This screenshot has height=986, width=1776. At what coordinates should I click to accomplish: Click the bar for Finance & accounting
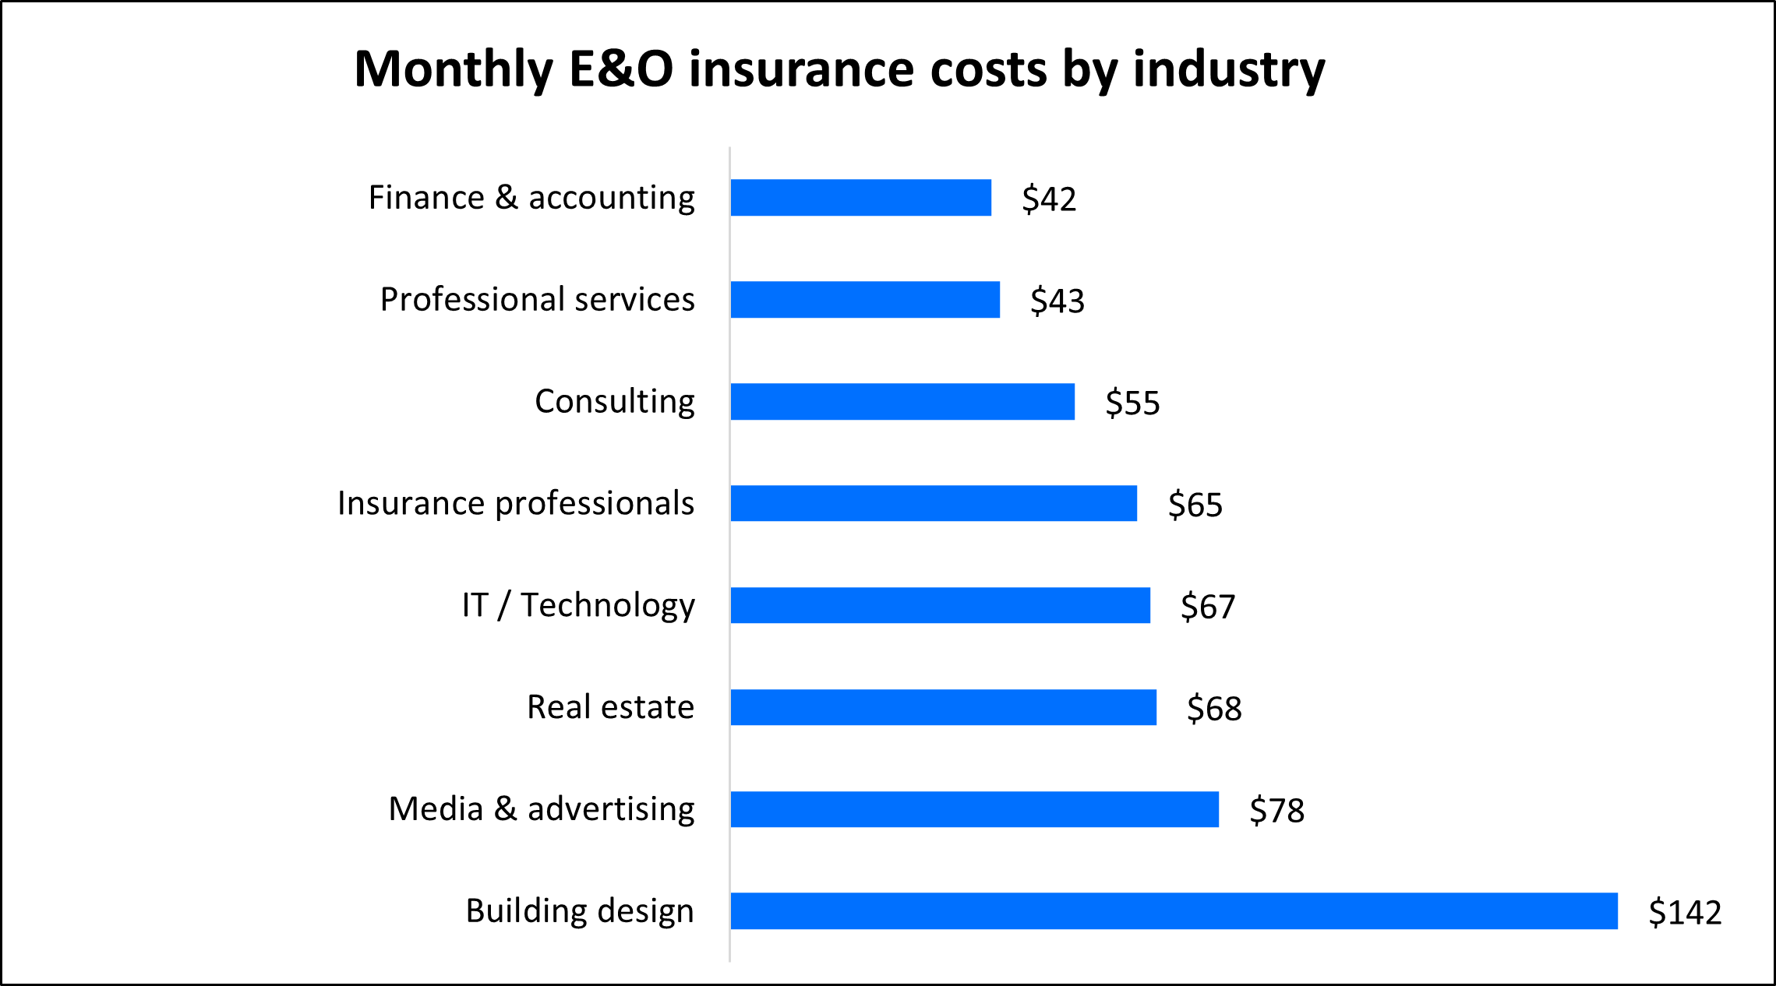(860, 198)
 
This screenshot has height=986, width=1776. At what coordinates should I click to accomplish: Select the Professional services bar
(865, 300)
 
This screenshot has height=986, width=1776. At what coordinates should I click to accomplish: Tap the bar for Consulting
(902, 402)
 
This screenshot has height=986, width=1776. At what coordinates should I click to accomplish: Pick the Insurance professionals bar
(934, 503)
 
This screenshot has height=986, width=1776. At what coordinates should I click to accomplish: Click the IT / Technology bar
(940, 605)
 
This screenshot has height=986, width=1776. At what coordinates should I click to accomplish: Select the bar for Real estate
(943, 707)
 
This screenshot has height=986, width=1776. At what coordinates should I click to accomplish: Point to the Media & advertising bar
(974, 809)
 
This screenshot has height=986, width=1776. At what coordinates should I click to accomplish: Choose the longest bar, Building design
(1174, 911)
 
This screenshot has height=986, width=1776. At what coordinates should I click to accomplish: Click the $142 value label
(1685, 912)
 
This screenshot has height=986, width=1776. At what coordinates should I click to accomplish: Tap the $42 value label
(1049, 199)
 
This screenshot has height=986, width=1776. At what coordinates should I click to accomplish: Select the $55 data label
(1132, 403)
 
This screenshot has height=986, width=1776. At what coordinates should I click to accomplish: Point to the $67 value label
(1208, 607)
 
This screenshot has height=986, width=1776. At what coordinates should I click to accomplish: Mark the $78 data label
(1276, 811)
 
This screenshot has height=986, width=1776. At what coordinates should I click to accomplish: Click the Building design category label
(579, 911)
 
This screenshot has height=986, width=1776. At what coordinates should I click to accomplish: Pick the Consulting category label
(614, 402)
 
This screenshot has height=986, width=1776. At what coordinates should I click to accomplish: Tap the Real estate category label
(610, 707)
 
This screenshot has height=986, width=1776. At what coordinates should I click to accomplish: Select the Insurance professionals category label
(515, 503)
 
